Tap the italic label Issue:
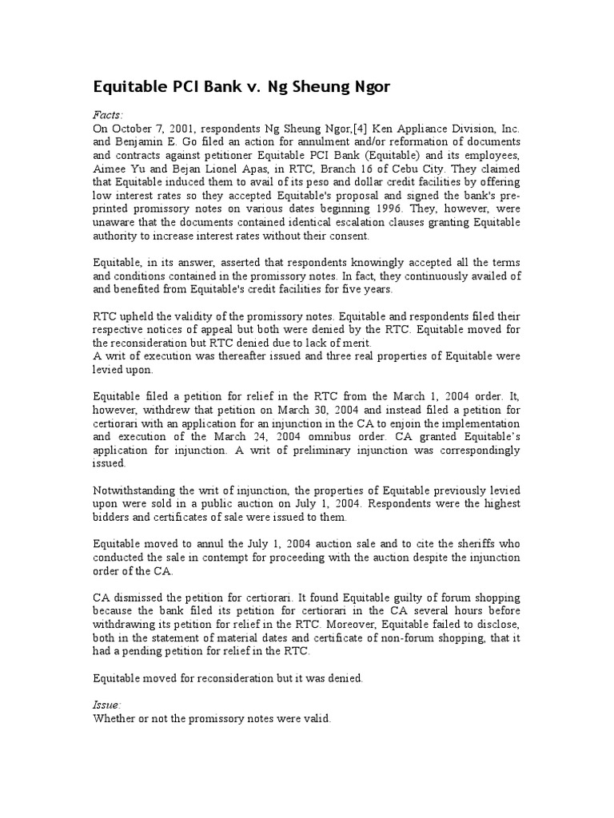click(108, 705)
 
